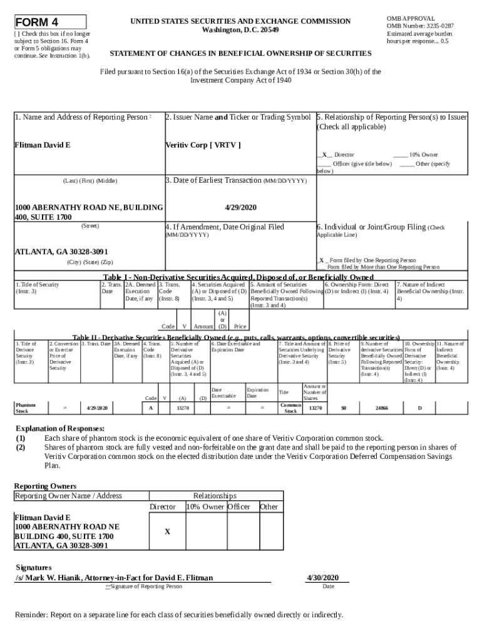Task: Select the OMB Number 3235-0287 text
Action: tap(421, 26)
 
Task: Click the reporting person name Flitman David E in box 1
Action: tap(43, 145)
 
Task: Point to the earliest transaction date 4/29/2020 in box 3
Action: tap(240, 207)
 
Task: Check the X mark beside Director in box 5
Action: tap(324, 155)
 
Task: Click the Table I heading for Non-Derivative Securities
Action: tap(238, 277)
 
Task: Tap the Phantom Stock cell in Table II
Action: tap(27, 408)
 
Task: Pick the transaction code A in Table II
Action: tap(150, 408)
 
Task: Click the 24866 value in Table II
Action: tap(381, 408)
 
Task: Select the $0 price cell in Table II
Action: tap(343, 408)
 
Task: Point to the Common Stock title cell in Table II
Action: tap(290, 408)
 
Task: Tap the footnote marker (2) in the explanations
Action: tap(21, 448)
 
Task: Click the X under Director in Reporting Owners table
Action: tap(167, 532)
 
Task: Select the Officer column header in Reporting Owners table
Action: tap(238, 506)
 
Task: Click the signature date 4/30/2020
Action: tap(323, 577)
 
